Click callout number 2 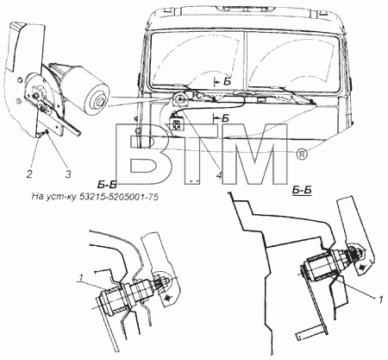click(x=29, y=174)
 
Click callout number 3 click(x=68, y=174)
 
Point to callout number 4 click(x=219, y=175)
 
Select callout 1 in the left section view click(x=81, y=278)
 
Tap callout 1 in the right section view click(x=380, y=300)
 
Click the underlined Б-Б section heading click(x=302, y=190)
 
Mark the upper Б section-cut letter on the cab click(x=227, y=82)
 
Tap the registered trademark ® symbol click(x=302, y=155)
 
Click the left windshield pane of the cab click(x=197, y=60)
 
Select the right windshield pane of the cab click(x=293, y=61)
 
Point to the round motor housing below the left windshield click(x=180, y=100)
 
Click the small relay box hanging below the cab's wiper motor click(x=176, y=122)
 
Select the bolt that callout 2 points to click(x=41, y=133)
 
